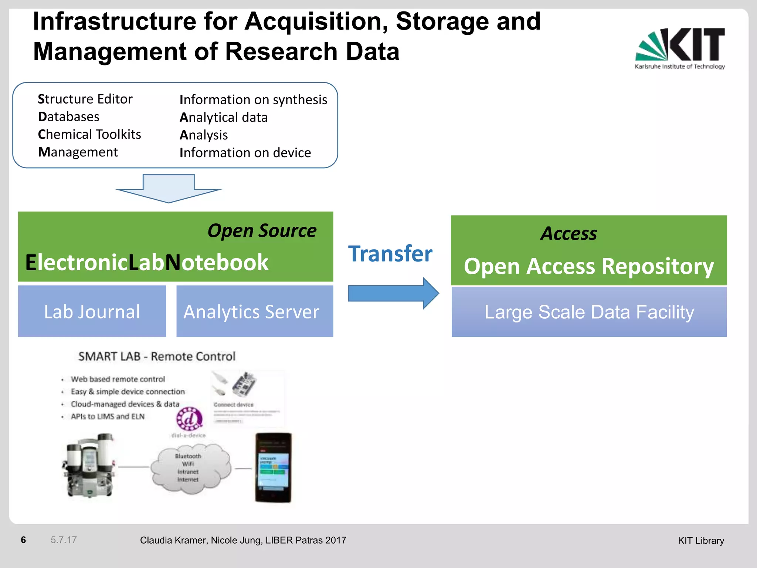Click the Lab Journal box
(92, 311)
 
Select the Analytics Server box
(254, 311)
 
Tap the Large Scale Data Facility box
(589, 312)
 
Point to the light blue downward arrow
(169, 188)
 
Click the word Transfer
(390, 254)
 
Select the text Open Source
(262, 231)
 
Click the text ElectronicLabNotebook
(147, 263)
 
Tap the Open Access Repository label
(588, 266)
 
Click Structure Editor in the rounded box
(85, 99)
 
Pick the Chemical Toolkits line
(89, 134)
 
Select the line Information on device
(245, 153)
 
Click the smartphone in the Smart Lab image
(274, 467)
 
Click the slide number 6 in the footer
(23, 540)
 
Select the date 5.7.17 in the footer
(64, 540)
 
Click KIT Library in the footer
(701, 541)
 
